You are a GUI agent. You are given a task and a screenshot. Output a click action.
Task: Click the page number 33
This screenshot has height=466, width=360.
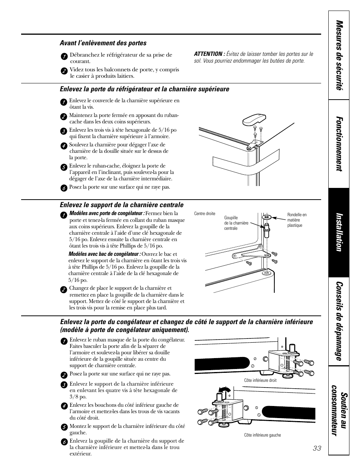click(x=317, y=448)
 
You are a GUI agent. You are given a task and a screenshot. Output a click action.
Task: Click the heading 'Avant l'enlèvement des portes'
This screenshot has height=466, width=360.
click(x=103, y=43)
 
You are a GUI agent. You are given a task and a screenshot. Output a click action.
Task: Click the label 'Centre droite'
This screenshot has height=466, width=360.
click(x=205, y=214)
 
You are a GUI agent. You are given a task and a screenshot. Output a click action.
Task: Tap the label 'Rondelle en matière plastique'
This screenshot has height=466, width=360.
click(x=297, y=220)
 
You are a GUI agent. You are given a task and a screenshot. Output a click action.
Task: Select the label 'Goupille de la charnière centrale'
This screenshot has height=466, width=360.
click(x=236, y=223)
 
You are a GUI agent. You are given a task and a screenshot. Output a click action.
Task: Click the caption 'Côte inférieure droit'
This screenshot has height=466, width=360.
click(x=260, y=380)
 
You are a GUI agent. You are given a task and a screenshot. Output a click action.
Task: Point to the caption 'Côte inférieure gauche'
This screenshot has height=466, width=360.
click(x=262, y=435)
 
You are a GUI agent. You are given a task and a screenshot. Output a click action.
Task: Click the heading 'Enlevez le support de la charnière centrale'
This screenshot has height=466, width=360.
click(x=122, y=205)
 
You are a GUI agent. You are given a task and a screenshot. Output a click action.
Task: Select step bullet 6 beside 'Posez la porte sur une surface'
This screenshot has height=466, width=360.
click(x=64, y=188)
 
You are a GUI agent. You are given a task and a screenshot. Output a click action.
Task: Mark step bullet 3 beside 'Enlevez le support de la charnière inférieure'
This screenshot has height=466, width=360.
click(x=64, y=384)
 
